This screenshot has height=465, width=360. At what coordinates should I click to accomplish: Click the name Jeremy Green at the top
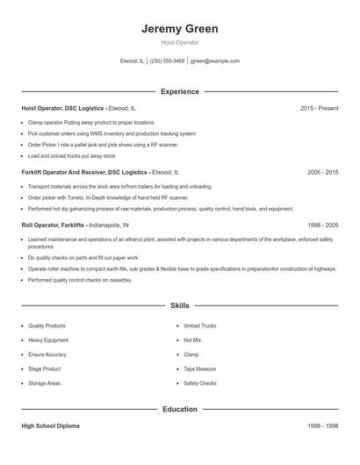[x=179, y=29]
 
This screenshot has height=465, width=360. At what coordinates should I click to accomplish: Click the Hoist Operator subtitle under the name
[x=179, y=43]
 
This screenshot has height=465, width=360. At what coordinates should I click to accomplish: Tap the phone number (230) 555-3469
[x=167, y=61]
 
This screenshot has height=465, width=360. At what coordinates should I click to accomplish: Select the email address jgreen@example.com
[x=214, y=61]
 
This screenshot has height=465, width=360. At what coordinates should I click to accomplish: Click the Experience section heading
[x=179, y=91]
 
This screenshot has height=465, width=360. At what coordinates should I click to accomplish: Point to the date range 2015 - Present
[x=319, y=108]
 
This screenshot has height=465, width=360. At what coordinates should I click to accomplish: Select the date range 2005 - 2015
[x=322, y=173]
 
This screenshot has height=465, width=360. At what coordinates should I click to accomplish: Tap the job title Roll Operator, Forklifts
[x=52, y=225]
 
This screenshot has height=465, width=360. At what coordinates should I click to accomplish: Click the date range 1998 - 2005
[x=322, y=225]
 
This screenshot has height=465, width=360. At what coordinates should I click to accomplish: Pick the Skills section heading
[x=179, y=305]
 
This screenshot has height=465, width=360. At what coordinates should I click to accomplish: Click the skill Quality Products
[x=47, y=325]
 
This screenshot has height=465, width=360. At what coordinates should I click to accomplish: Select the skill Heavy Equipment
[x=47, y=340]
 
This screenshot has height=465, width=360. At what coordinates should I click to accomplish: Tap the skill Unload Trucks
[x=199, y=325]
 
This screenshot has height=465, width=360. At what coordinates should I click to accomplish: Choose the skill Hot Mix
[x=192, y=340]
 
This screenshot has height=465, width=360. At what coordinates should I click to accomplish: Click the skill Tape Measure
[x=199, y=368]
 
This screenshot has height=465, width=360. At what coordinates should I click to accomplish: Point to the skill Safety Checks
[x=200, y=383]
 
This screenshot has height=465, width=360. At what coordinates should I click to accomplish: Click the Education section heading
[x=179, y=409]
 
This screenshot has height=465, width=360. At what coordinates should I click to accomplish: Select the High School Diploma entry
[x=50, y=426]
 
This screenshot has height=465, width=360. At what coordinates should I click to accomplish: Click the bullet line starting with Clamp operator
[x=90, y=123]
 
